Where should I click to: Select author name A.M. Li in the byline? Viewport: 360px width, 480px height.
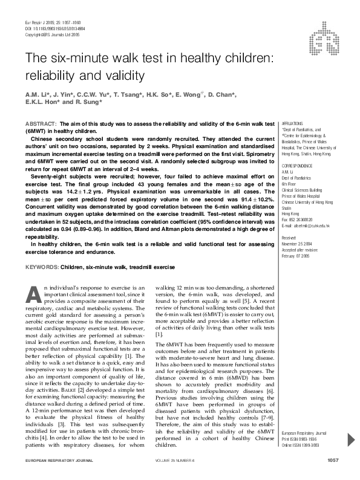[36, 95]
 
